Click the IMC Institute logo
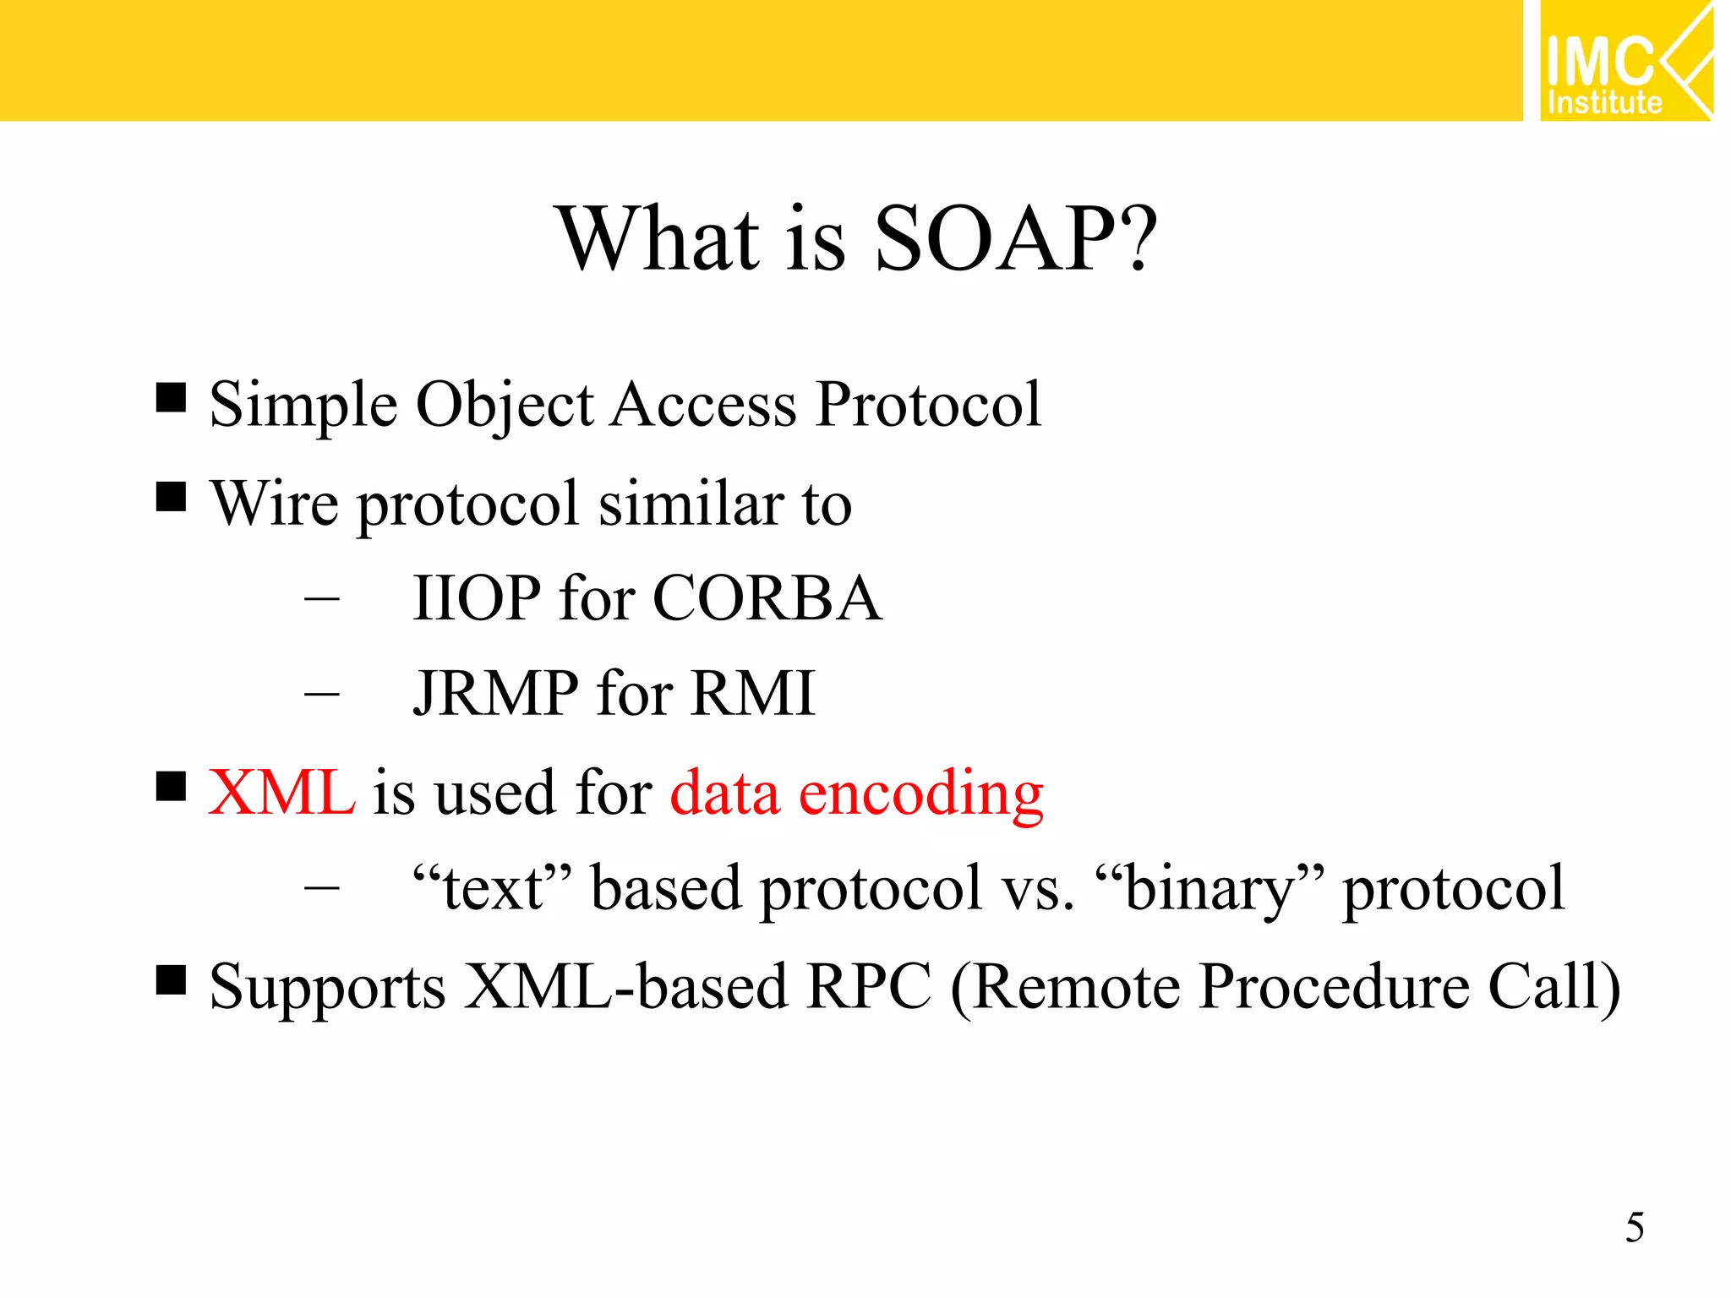[x=1625, y=61]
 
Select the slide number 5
[x=1634, y=1227]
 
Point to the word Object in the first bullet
[x=505, y=406]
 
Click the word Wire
[x=274, y=504]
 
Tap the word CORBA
[x=767, y=598]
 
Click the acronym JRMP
[x=495, y=694]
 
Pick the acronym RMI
[x=752, y=694]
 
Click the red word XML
[x=281, y=793]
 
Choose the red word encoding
[x=921, y=794]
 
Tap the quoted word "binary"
[x=1210, y=889]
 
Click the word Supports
[x=327, y=988]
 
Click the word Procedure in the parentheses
[x=1335, y=986]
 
